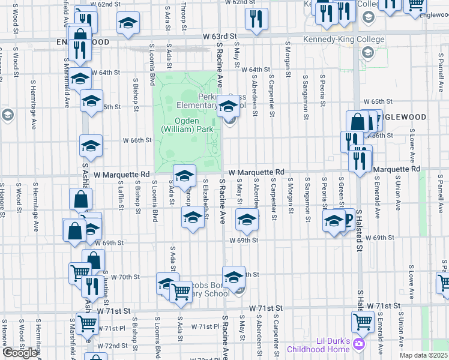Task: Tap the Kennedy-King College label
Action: click(x=353, y=40)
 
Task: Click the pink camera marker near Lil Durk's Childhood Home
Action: click(x=359, y=344)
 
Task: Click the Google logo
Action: click(x=20, y=353)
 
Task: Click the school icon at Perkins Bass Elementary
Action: click(x=228, y=106)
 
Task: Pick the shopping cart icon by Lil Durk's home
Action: click(x=363, y=323)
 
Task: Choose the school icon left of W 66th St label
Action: click(x=91, y=145)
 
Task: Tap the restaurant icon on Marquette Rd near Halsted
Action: click(x=360, y=160)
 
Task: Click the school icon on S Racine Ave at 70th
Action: click(x=234, y=277)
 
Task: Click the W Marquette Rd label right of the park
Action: click(x=256, y=172)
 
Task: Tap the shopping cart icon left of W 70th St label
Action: click(x=80, y=273)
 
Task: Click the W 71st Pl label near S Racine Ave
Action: click(x=205, y=326)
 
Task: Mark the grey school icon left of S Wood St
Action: click(x=8, y=114)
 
